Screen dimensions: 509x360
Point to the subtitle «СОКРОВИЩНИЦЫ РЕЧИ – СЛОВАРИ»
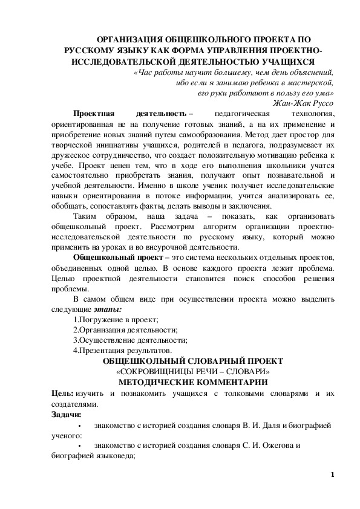[193, 371]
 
